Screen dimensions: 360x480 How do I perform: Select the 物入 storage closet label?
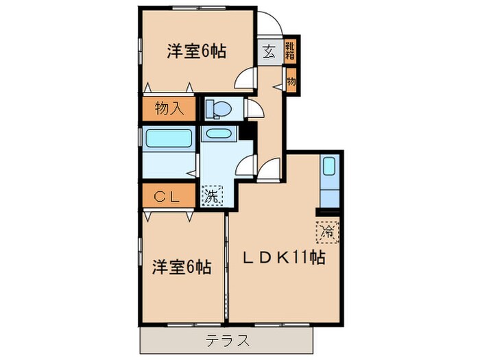tap(169, 108)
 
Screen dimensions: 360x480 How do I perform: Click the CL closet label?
tap(166, 197)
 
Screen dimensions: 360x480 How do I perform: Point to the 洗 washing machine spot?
tap(213, 195)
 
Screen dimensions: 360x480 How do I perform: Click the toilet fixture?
tap(217, 109)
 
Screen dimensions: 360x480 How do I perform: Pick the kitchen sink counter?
tap(329, 181)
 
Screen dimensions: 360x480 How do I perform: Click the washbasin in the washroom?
tap(219, 134)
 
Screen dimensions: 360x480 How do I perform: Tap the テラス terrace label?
tap(226, 340)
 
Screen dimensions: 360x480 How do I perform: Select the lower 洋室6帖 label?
tap(181, 266)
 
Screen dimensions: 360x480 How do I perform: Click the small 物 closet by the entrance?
tap(291, 82)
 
